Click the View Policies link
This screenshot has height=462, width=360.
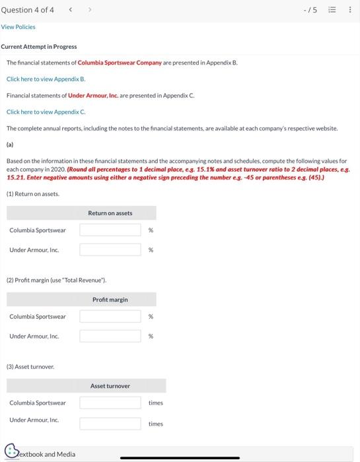(x=18, y=27)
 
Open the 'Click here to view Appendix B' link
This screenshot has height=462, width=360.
(x=46, y=79)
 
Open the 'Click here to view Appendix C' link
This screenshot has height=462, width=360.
(x=46, y=112)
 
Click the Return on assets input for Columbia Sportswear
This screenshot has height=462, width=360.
(x=110, y=230)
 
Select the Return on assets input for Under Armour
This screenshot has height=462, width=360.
(x=110, y=249)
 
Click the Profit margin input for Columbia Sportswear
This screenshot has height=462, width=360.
(x=110, y=316)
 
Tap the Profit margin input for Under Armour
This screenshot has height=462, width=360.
(x=110, y=336)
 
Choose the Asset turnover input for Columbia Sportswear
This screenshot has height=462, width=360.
(x=110, y=403)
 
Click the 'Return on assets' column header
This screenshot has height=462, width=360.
(x=110, y=213)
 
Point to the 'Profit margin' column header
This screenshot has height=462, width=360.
(x=110, y=300)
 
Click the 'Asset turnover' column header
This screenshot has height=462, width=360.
(x=110, y=386)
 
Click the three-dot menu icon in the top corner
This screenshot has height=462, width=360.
(x=349, y=9)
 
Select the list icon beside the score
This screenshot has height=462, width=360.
(x=334, y=9)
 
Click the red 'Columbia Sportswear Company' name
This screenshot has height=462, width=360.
(x=120, y=62)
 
